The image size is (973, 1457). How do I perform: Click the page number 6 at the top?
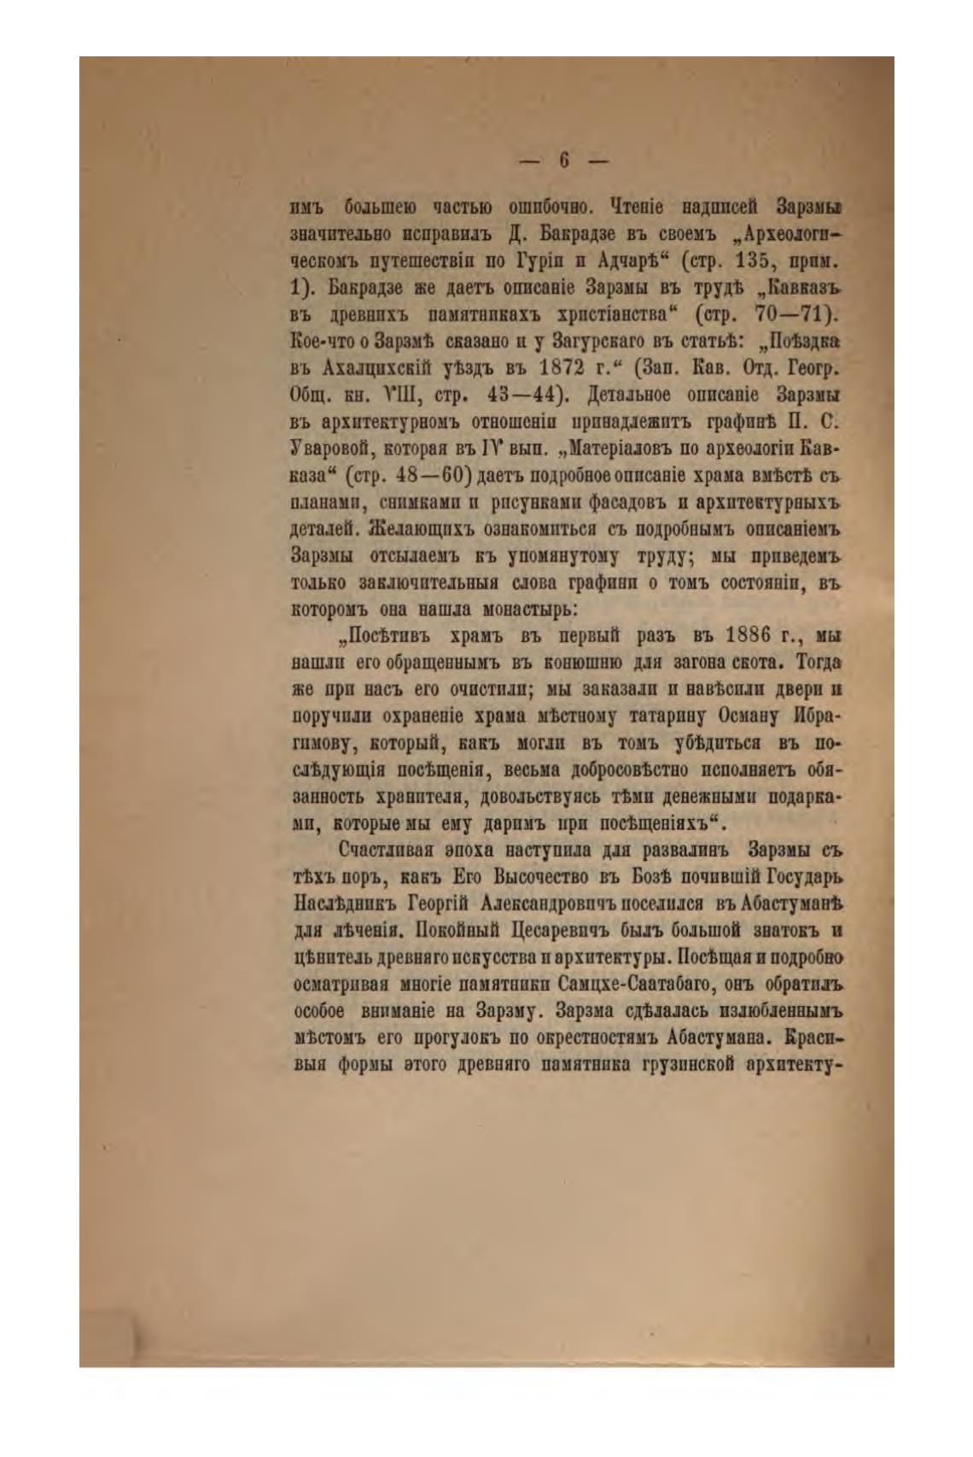click(563, 160)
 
